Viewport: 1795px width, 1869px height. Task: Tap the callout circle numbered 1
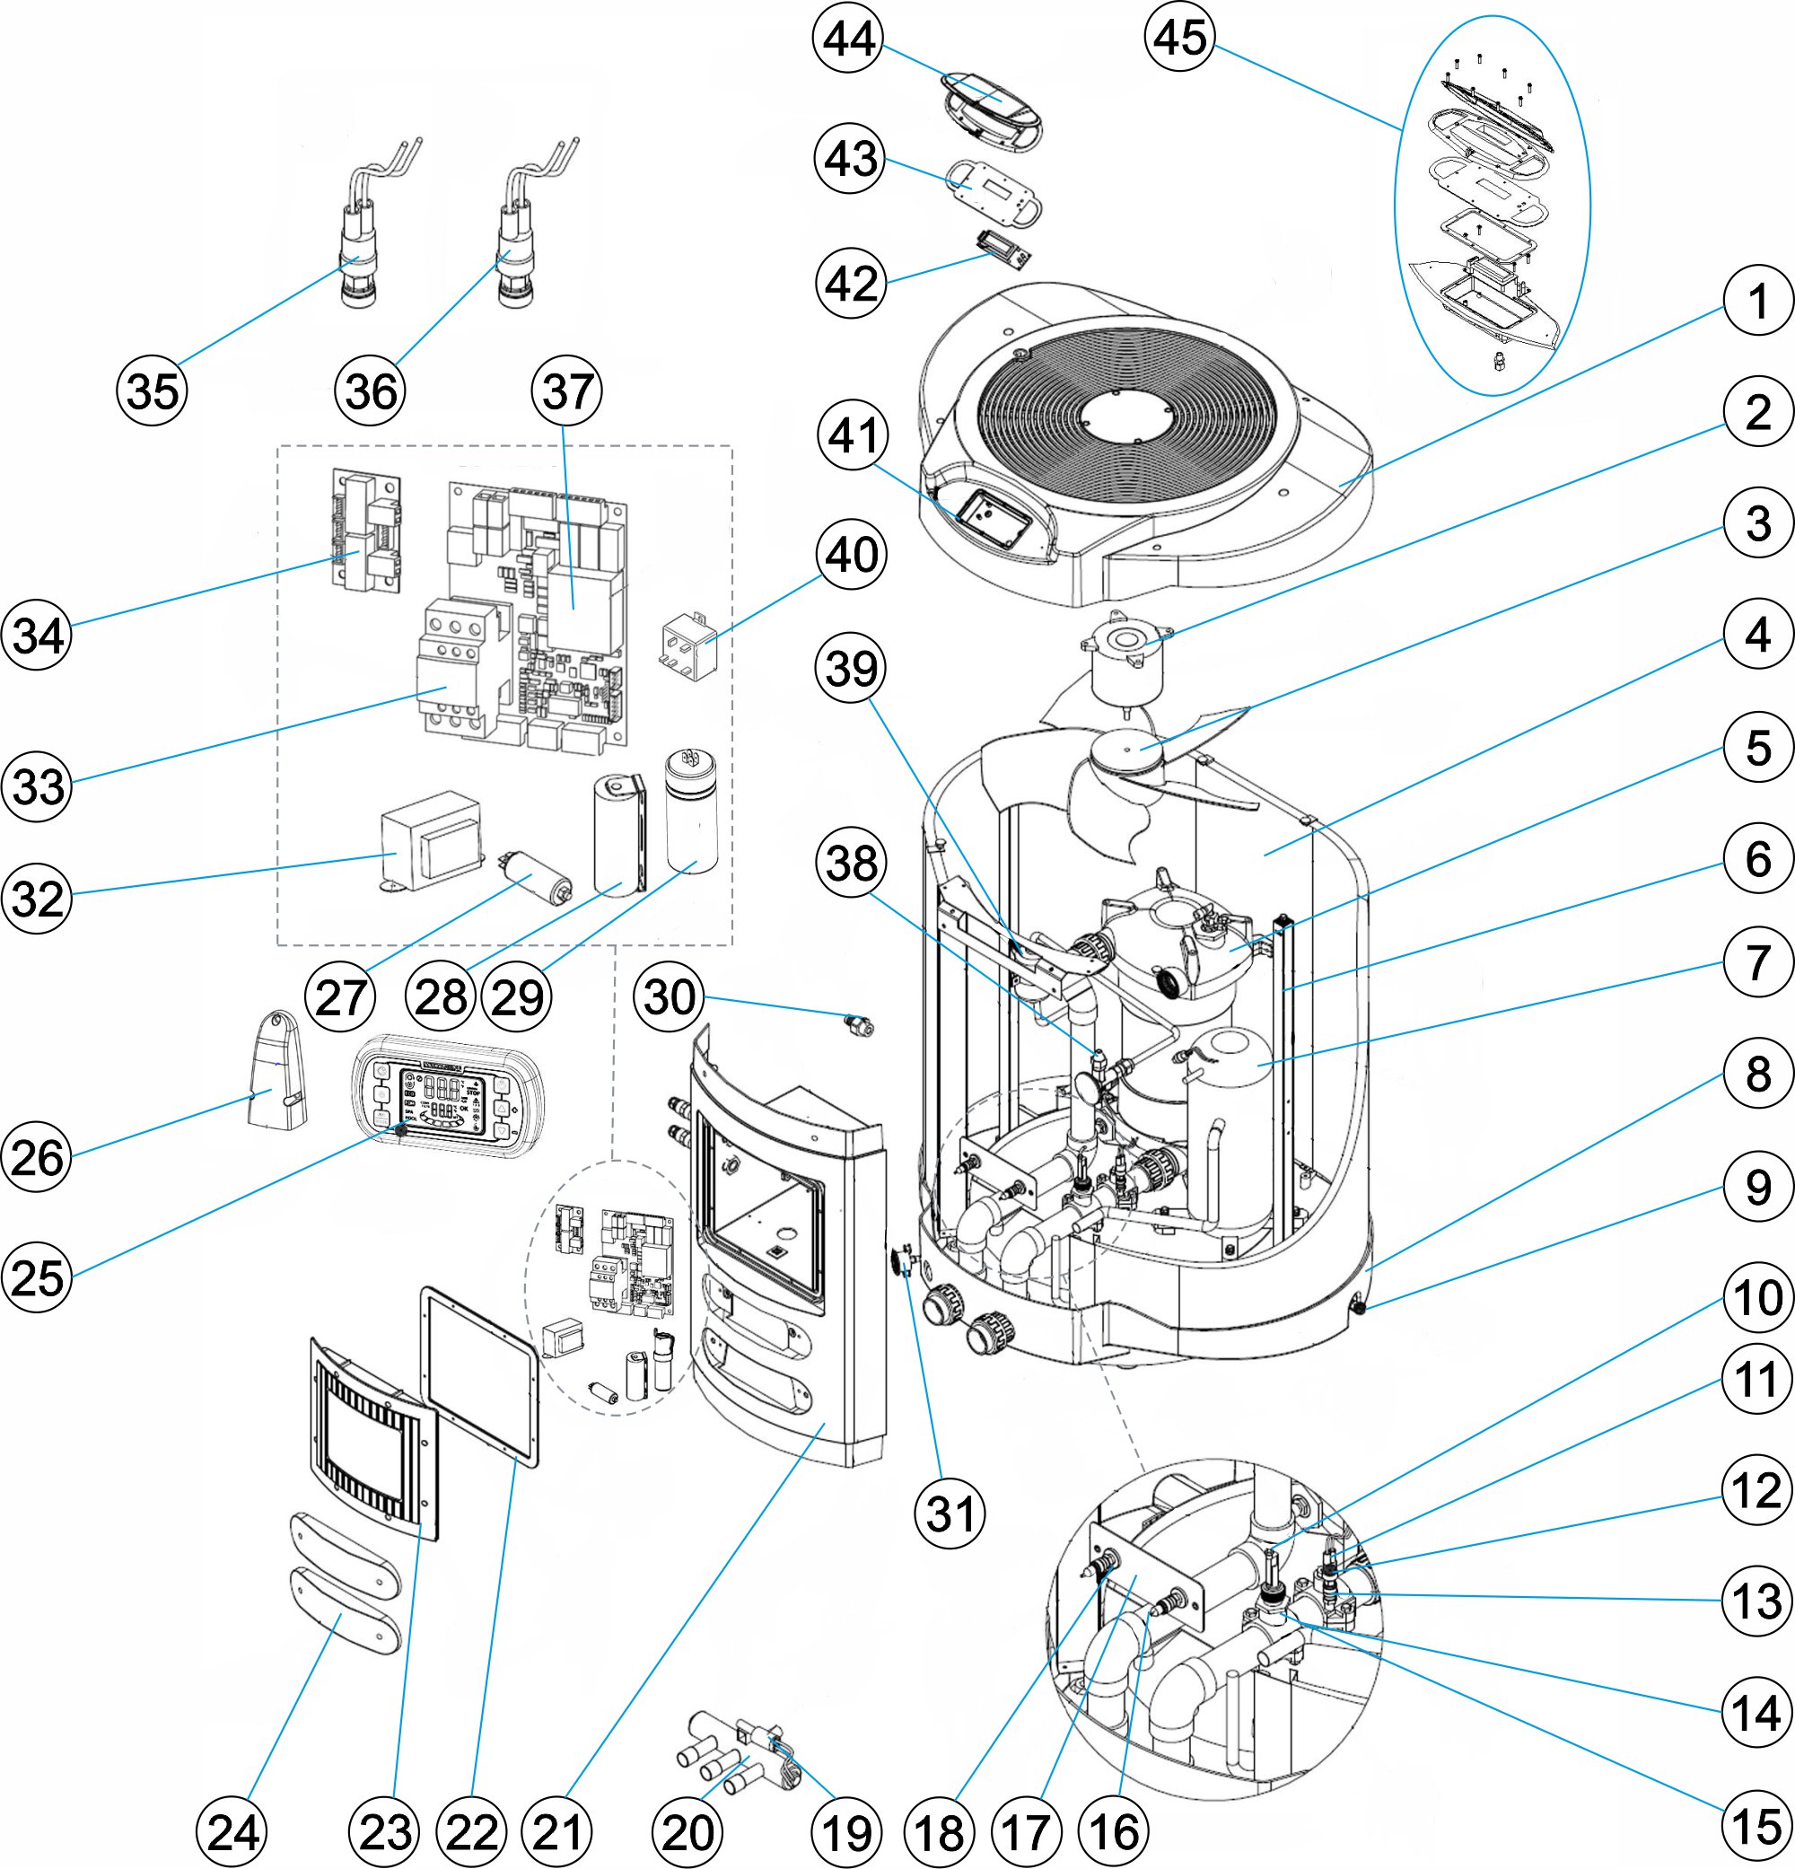click(1757, 302)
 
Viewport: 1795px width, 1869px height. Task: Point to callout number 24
click(232, 1831)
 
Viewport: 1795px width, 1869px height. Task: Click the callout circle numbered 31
click(950, 1514)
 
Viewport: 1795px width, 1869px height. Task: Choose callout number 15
click(1757, 1827)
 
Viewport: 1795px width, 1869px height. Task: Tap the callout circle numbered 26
click(37, 1158)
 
